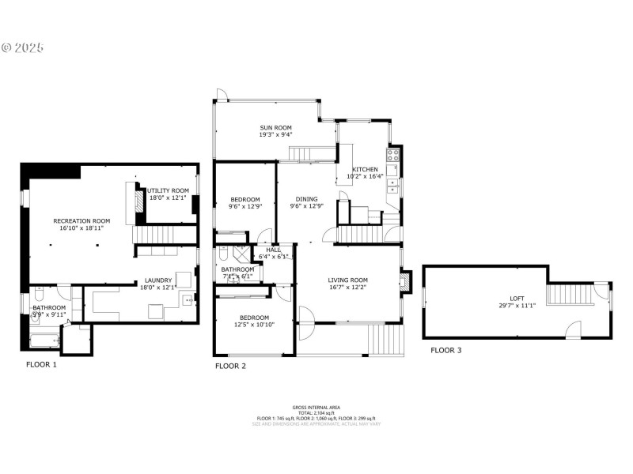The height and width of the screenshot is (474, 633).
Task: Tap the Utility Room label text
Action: pyautogui.click(x=168, y=190)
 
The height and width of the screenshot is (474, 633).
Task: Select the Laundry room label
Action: pyautogui.click(x=158, y=280)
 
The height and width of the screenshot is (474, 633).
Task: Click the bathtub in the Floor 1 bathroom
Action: pyautogui.click(x=44, y=340)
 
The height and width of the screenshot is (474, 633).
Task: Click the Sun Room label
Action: pyautogui.click(x=275, y=127)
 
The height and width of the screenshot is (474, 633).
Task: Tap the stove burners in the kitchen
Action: pyautogui.click(x=392, y=155)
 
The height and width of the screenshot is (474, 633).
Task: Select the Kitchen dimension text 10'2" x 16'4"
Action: pyautogui.click(x=365, y=177)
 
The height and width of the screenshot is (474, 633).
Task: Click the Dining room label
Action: pyautogui.click(x=306, y=199)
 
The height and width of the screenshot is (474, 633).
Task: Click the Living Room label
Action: pyautogui.click(x=349, y=280)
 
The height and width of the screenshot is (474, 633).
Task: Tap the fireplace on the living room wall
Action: pyautogui.click(x=406, y=283)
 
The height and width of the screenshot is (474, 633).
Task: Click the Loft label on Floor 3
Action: pyautogui.click(x=506, y=298)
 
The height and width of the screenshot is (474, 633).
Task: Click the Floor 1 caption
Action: pyautogui.click(x=41, y=365)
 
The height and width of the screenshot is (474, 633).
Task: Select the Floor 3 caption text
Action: pyautogui.click(x=446, y=350)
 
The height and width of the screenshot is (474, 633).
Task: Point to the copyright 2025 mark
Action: pyautogui.click(x=22, y=47)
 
